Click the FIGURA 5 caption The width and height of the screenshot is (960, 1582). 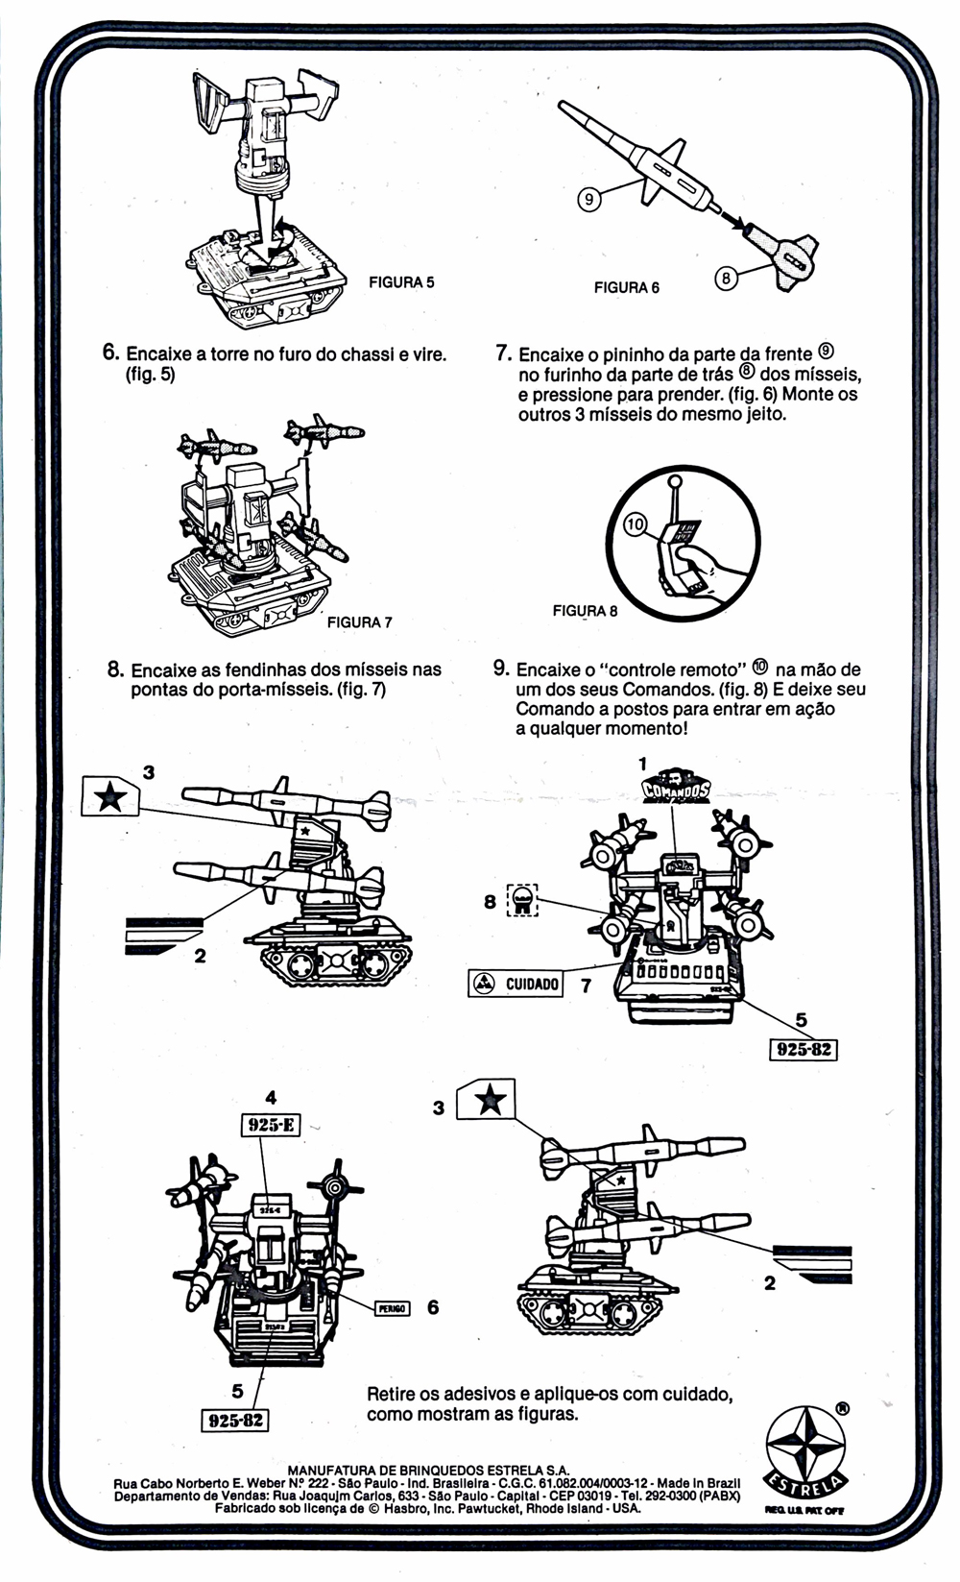click(x=401, y=282)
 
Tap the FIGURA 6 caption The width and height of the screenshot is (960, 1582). click(x=626, y=287)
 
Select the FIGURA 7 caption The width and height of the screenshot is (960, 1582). click(x=359, y=622)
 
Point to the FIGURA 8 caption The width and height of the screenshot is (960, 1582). click(x=586, y=611)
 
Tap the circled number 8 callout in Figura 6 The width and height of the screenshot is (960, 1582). click(x=727, y=279)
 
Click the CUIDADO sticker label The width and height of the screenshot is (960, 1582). click(x=516, y=984)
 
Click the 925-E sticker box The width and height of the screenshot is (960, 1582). click(x=270, y=1124)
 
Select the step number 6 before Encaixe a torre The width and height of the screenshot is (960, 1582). click(x=110, y=353)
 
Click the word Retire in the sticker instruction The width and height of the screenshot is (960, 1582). click(x=394, y=1394)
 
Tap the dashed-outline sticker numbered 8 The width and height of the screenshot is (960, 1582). click(x=522, y=901)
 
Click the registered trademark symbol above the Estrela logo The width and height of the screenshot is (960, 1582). click(x=842, y=1408)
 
